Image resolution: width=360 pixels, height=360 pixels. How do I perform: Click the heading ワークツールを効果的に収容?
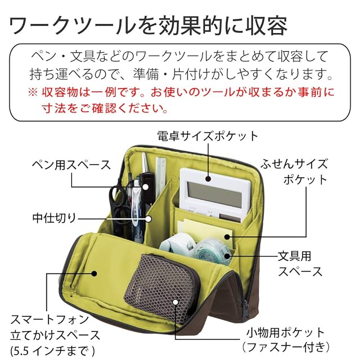(x=148, y=25)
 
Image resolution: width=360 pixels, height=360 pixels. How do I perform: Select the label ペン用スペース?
(x=70, y=165)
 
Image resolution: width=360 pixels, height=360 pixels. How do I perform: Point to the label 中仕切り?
(x=54, y=216)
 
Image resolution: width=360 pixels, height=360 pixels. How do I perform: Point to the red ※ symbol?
(x=30, y=91)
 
